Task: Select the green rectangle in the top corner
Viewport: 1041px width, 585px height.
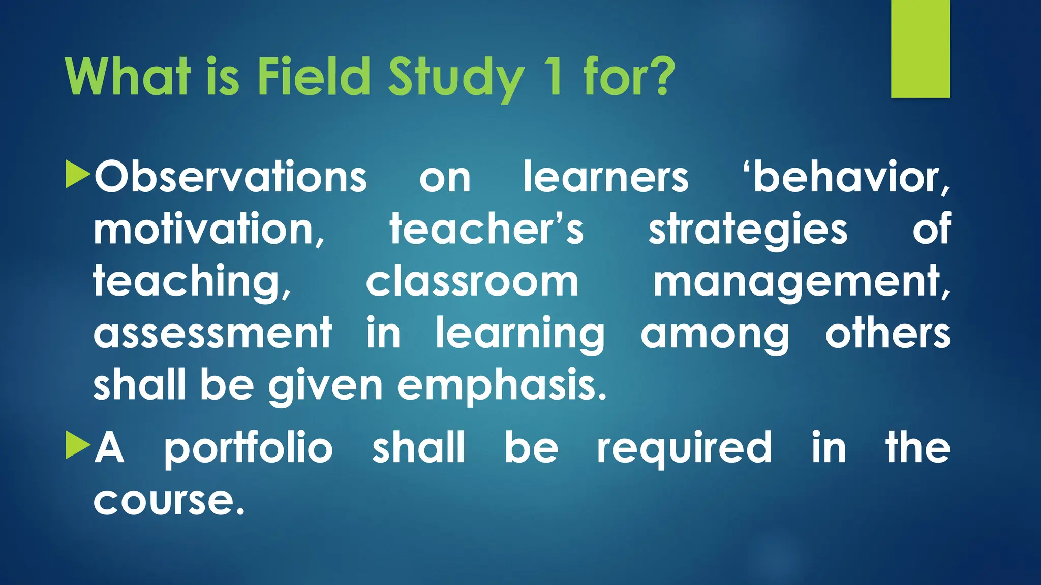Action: tap(920, 49)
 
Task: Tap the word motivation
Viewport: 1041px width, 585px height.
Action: tap(208, 230)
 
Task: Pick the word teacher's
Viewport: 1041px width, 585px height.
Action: tap(486, 230)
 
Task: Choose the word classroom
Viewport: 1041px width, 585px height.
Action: tap(472, 282)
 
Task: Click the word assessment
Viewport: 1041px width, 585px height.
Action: tap(212, 334)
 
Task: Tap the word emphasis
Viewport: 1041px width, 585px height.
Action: tap(502, 386)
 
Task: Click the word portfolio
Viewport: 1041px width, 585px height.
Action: tap(248, 448)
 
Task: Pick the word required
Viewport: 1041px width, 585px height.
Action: tap(684, 448)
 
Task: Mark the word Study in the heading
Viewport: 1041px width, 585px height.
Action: tap(455, 78)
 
